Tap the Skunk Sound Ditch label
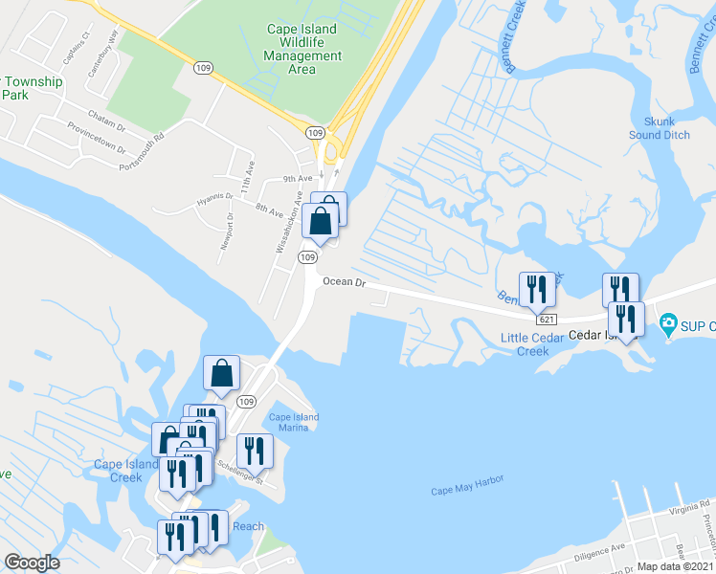(x=660, y=128)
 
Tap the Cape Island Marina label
(x=293, y=422)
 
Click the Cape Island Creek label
(x=125, y=471)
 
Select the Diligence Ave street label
(x=599, y=551)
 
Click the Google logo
(x=32, y=563)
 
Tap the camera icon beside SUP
(x=668, y=325)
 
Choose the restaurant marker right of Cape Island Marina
(x=255, y=449)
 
